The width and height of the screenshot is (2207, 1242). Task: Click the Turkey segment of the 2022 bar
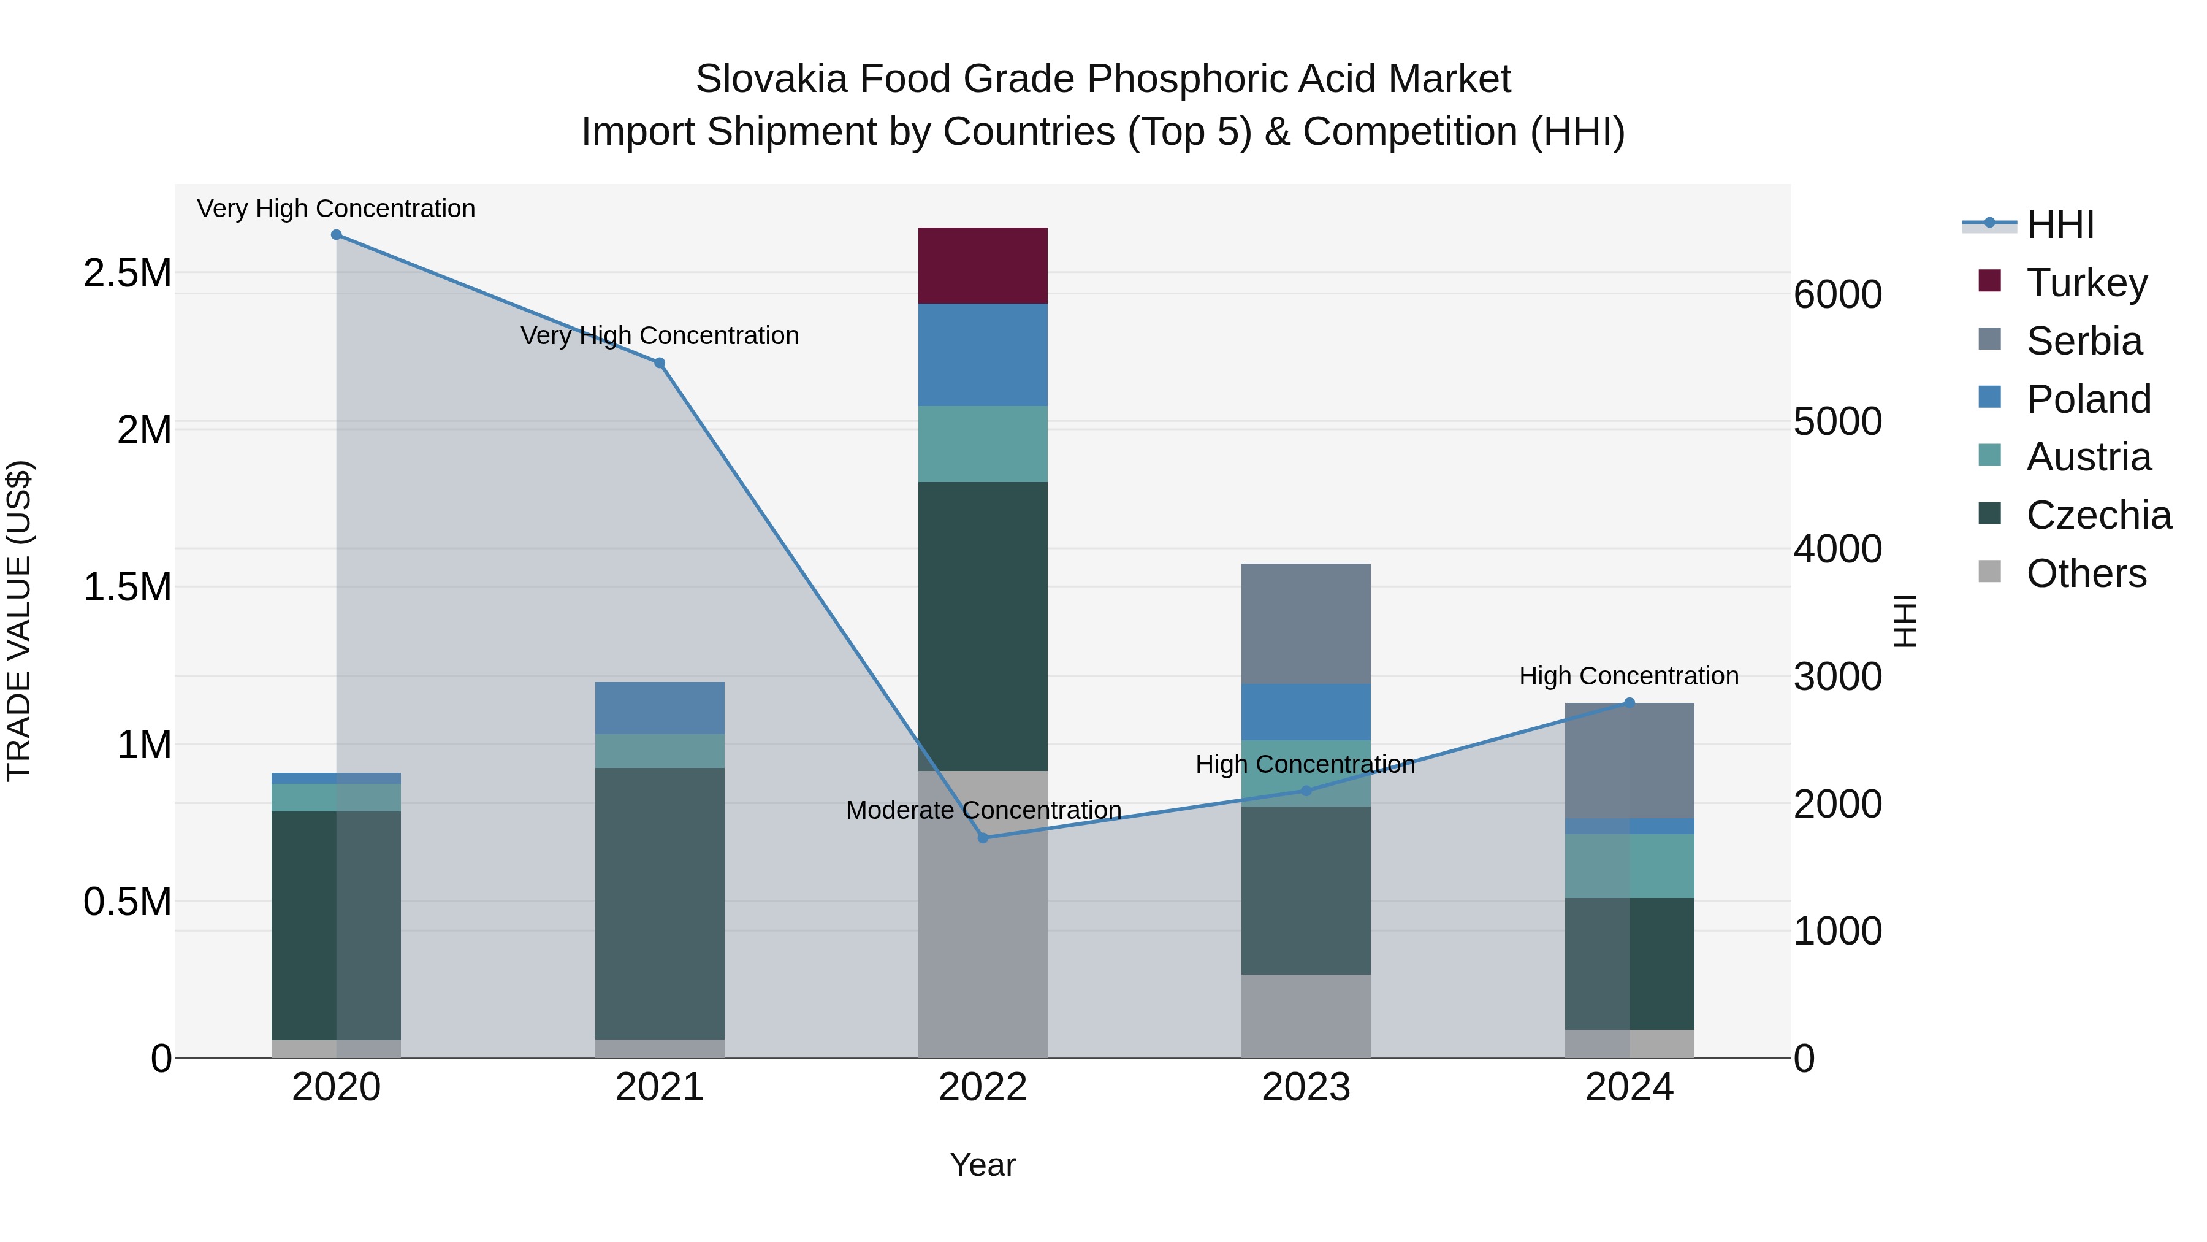(983, 266)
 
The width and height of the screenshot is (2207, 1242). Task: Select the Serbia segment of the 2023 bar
(1306, 623)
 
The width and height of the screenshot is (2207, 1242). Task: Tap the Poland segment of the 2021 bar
(660, 708)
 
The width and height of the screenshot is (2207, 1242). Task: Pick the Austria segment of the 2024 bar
(1630, 865)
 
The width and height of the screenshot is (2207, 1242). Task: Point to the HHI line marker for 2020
(337, 235)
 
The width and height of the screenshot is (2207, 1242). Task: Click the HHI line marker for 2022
(983, 837)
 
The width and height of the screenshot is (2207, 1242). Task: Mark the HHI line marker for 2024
(1630, 703)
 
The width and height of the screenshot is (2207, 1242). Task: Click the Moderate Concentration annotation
(983, 810)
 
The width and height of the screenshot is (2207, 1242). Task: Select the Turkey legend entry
(2086, 283)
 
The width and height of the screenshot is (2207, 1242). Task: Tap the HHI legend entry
(2060, 224)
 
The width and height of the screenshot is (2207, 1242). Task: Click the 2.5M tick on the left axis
(127, 274)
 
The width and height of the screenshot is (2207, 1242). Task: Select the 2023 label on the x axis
(1306, 1087)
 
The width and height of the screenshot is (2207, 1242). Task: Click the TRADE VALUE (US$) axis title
(19, 621)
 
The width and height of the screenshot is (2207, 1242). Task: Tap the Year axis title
(983, 1165)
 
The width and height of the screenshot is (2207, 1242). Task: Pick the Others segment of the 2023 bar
(1306, 1016)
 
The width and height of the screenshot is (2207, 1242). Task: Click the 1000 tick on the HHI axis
(1838, 932)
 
